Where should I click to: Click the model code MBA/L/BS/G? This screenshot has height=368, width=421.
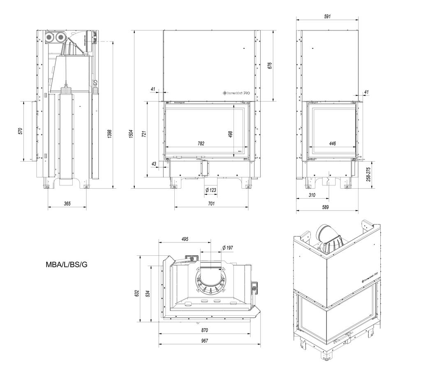pos(67,265)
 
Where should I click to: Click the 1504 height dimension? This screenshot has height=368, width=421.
pos(131,134)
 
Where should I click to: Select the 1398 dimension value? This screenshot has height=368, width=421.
pos(109,134)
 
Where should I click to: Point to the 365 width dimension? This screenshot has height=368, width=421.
pos(67,204)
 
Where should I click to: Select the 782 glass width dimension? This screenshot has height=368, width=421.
pos(201,143)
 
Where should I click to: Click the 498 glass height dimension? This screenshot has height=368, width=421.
pos(231,134)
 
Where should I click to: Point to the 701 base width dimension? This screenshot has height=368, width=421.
pos(211,204)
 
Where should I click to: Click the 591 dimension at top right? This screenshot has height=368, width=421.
pos(328,17)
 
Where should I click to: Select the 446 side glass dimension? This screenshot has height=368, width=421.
pos(333,143)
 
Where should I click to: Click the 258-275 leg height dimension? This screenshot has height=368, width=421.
pos(368,174)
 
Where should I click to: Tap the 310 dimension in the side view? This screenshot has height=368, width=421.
pos(312,195)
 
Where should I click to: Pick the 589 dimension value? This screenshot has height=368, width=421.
pos(325,207)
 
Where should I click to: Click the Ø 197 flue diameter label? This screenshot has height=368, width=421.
pos(227,248)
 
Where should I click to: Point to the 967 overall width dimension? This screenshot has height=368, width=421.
pos(205,340)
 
